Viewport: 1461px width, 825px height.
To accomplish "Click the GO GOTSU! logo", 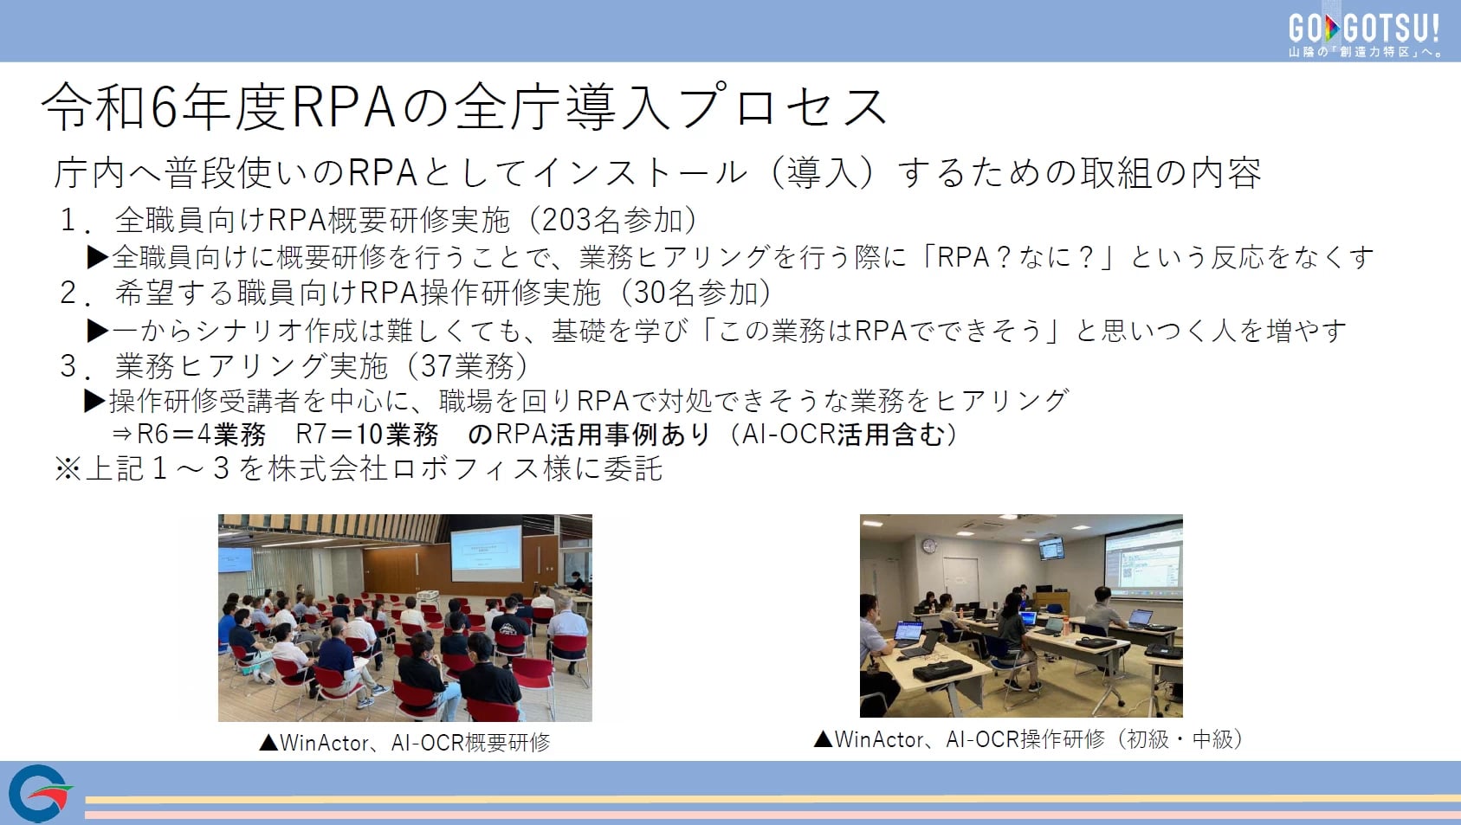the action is click(x=1365, y=34).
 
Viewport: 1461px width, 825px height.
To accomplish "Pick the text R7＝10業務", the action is click(x=366, y=435).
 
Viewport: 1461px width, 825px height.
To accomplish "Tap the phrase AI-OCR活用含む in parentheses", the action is click(x=842, y=435).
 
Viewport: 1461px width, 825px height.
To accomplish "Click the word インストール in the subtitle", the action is click(x=642, y=173).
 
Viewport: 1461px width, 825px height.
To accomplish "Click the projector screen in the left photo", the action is click(x=487, y=553).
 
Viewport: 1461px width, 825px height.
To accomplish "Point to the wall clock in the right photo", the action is click(x=929, y=545).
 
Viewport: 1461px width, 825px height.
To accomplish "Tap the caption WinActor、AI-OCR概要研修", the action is click(x=415, y=742).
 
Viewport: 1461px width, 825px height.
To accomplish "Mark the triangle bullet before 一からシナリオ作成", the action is click(x=98, y=330).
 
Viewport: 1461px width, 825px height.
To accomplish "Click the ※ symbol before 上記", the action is click(x=68, y=468).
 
